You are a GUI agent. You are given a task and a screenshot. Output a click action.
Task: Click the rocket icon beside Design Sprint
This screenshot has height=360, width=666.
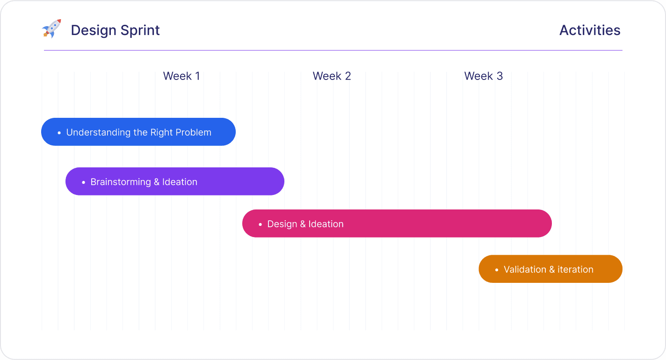coord(51,29)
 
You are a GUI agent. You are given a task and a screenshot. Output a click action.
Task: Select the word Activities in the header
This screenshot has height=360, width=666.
coord(590,30)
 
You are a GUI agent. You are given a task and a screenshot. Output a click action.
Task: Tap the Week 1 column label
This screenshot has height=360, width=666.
coord(181,76)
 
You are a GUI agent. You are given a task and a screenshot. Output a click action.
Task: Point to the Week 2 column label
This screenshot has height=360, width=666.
coord(332,76)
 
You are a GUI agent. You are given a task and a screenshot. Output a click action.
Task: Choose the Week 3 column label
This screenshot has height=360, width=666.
coord(483,76)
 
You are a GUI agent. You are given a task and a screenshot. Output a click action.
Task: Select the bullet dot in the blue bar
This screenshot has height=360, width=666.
coord(59,133)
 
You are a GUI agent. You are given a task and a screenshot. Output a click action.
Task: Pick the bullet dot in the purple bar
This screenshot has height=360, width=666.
coord(84,182)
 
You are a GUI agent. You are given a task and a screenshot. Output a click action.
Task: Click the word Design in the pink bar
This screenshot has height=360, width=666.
coord(282,224)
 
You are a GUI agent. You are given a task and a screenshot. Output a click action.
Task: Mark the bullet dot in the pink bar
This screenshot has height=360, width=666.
coord(261,224)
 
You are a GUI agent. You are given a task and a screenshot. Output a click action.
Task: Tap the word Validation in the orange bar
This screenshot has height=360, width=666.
coord(524,270)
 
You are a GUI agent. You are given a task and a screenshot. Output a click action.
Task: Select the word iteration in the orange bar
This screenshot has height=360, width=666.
coord(575,270)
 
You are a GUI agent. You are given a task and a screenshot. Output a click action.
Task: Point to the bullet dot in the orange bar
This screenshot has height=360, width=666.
coord(497,270)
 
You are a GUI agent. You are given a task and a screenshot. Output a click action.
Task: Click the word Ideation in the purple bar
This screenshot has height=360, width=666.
coord(180,182)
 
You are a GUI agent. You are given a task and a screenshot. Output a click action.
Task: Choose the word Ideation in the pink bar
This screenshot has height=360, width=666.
coord(326,224)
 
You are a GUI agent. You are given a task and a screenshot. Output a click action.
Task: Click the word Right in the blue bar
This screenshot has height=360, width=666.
coord(161,133)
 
